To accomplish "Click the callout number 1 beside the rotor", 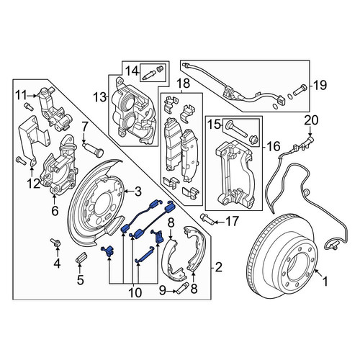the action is pos(325,281).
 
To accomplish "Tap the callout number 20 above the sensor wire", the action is pos(311,120).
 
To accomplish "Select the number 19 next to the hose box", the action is pos(320,85).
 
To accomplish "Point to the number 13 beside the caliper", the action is pos(100,97).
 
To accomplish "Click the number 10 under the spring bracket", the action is pos(135,292).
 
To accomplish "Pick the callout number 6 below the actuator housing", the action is pos(55,211).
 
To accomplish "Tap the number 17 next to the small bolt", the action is pos(232,221).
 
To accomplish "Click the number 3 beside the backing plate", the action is pos(138,192).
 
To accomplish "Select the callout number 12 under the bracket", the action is pos(33,184).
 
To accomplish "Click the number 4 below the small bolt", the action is pos(57,264).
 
